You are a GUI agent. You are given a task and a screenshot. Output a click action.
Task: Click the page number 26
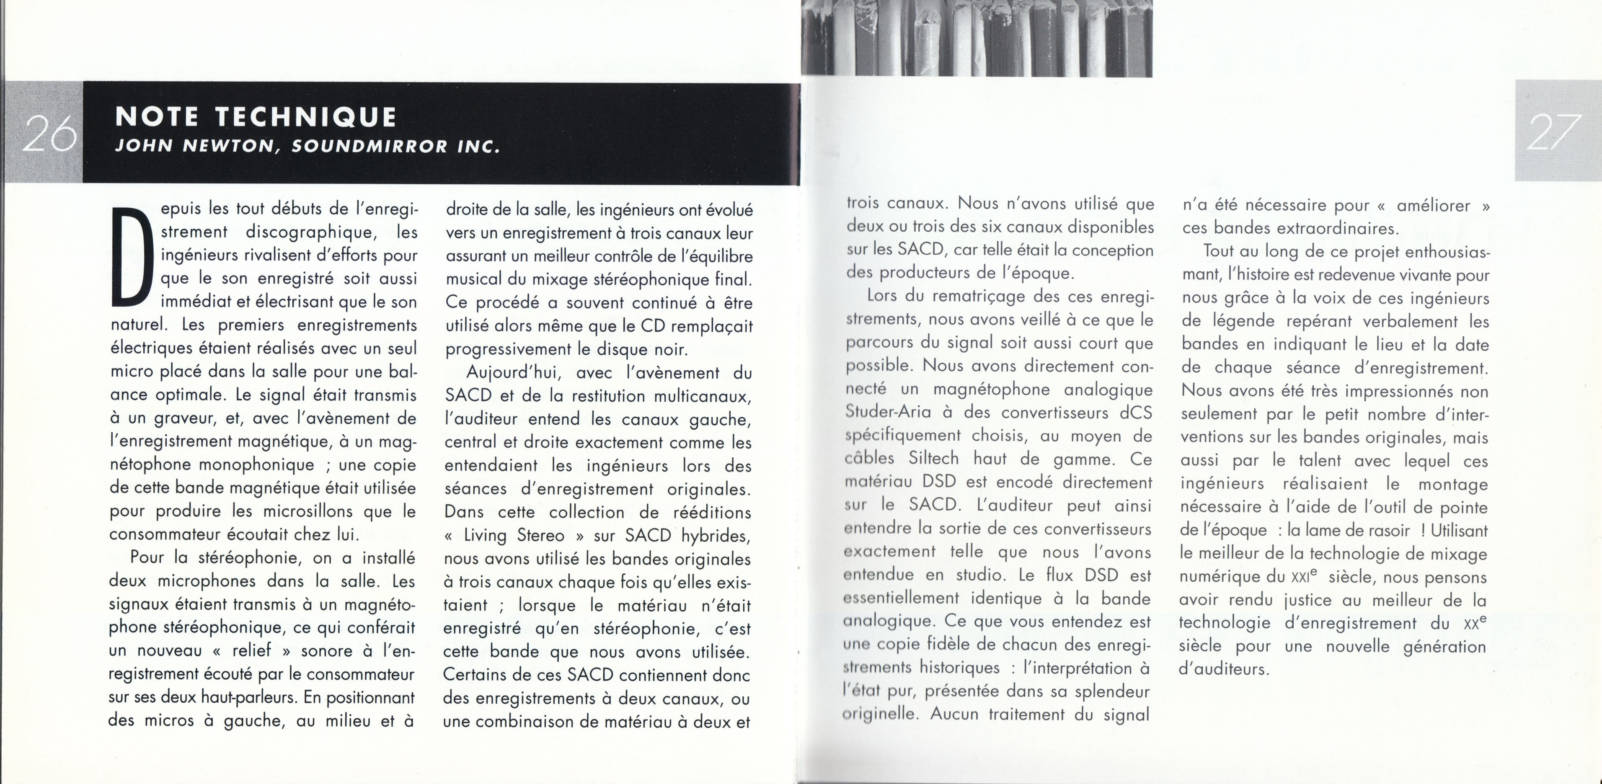click(49, 133)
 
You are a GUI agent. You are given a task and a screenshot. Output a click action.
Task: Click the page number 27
click(1553, 132)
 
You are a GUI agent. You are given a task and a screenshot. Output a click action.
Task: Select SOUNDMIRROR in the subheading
click(369, 147)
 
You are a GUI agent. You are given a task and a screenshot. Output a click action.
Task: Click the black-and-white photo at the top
click(977, 39)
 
